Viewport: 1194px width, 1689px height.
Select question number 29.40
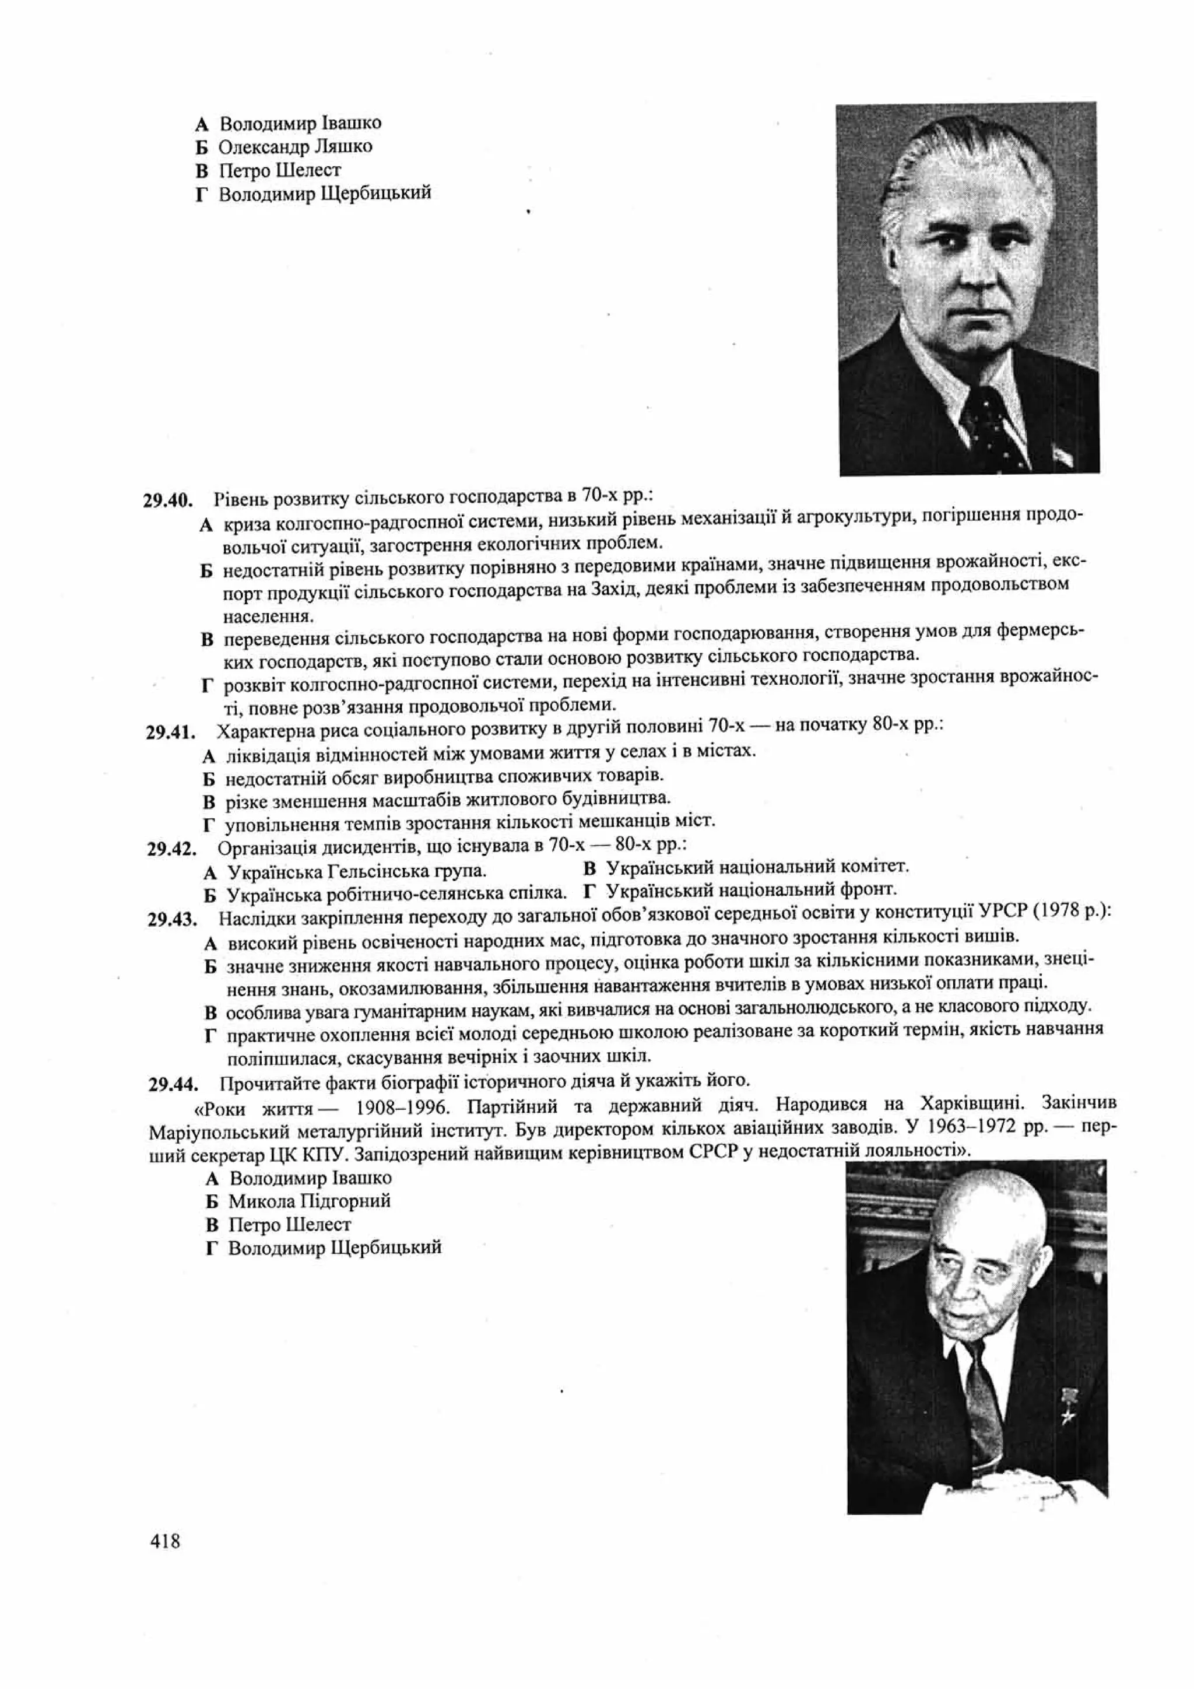click(168, 501)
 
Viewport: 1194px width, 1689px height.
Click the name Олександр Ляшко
click(295, 146)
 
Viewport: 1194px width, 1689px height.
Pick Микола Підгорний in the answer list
click(309, 1201)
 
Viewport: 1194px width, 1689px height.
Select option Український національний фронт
click(751, 889)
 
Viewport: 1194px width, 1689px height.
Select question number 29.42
click(172, 850)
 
